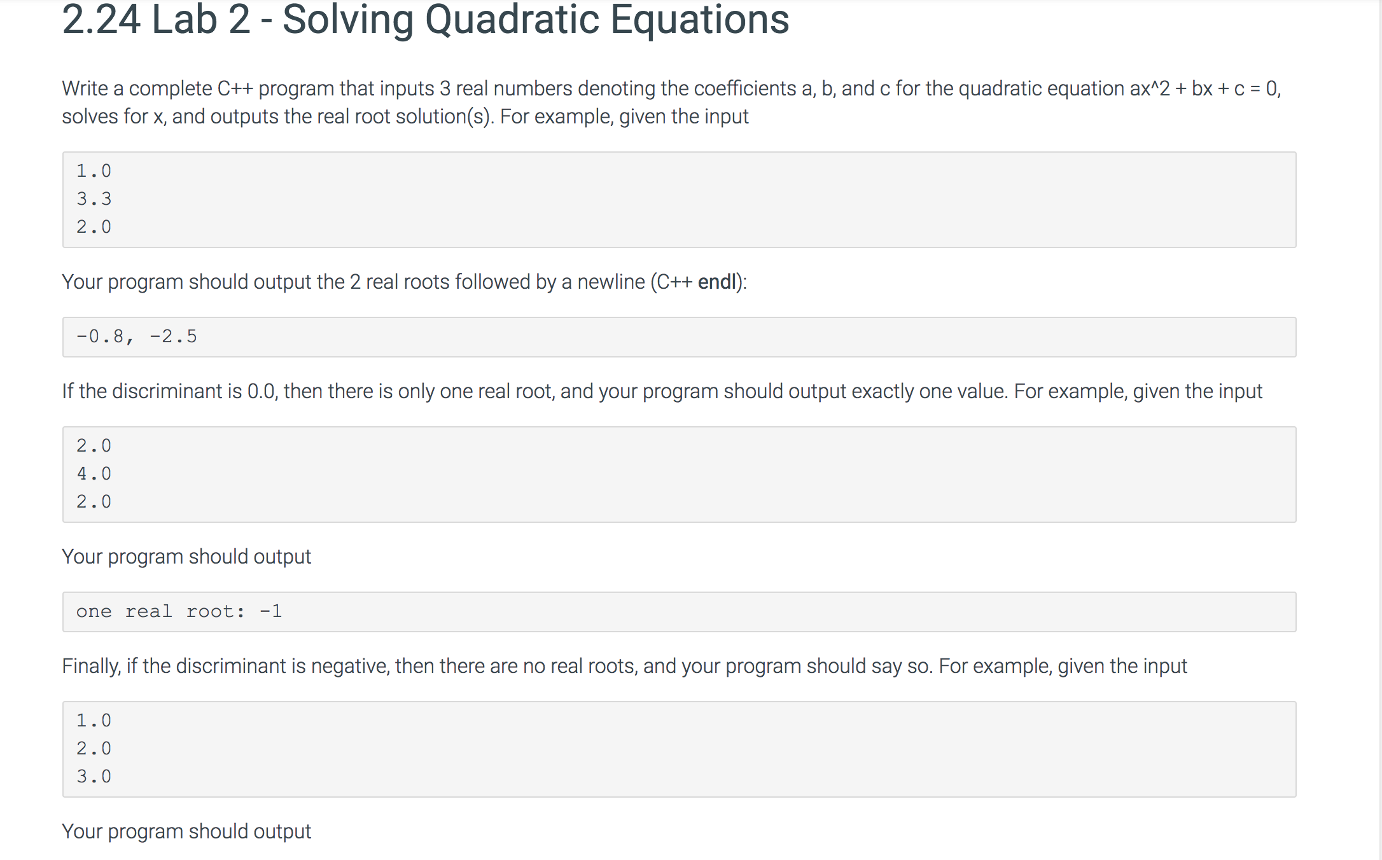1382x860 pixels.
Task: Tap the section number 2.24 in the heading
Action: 101,19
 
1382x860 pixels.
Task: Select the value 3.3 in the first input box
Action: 94,199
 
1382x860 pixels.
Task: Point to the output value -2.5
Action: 173,336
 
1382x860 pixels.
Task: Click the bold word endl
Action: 716,282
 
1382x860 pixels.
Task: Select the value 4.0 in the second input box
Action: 94,474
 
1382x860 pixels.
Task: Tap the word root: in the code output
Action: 215,612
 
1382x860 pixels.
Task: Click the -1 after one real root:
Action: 271,611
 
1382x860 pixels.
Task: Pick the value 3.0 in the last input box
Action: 94,777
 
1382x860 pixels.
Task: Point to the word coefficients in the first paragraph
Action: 744,88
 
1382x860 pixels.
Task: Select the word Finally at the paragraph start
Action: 91,667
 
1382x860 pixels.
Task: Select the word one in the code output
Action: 94,612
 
